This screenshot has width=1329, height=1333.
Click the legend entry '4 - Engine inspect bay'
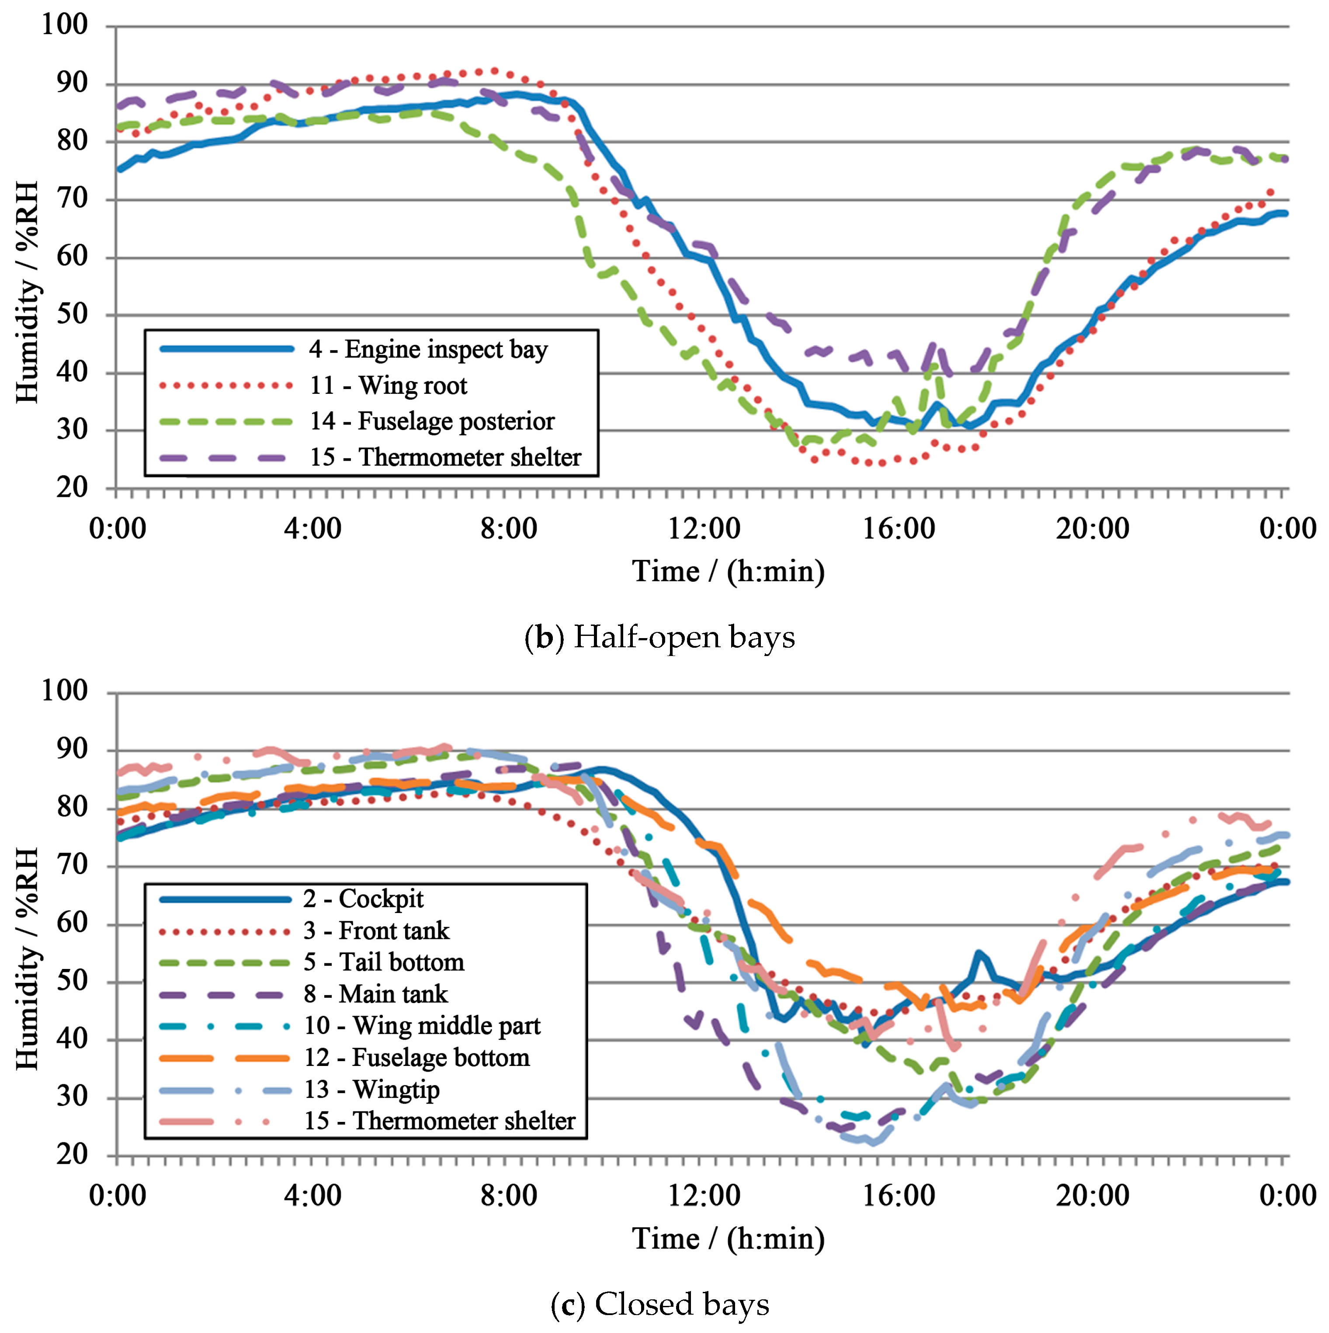tap(428, 350)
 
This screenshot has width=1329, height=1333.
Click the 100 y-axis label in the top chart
tap(65, 25)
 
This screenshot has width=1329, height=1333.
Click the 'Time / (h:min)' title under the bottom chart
tap(728, 1239)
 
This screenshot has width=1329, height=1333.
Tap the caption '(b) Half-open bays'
tap(659, 637)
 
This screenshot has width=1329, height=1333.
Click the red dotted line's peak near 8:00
tap(493, 70)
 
